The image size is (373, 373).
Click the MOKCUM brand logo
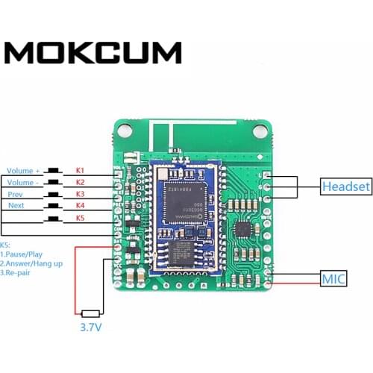pos(94,52)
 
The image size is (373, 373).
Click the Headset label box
pos(345,186)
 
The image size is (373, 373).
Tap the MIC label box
pos(333,279)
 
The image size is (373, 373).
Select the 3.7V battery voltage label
pos(91,326)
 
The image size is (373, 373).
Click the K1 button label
pos(81,171)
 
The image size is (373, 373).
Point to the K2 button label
pos(81,182)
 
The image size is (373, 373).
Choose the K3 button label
pos(81,194)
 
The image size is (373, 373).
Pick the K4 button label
pos(81,205)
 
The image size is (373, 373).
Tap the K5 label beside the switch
pos(81,218)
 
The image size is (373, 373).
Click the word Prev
pos(15,194)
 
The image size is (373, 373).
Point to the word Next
pos(16,205)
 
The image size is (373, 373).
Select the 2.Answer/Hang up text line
pos(34,263)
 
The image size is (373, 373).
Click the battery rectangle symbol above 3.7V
pos(91,313)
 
